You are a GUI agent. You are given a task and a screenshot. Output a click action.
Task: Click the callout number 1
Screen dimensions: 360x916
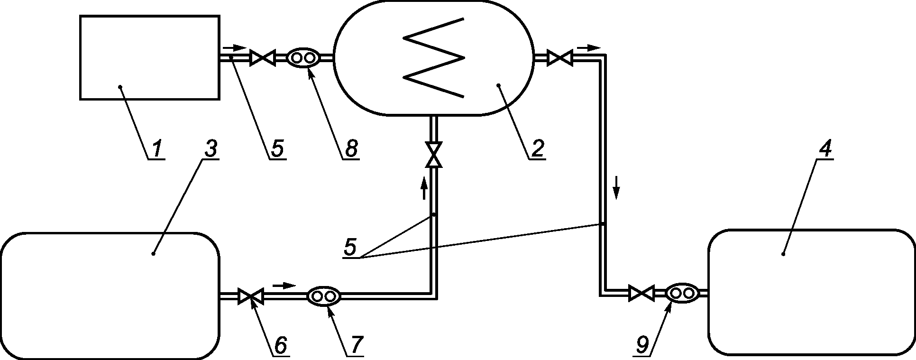pyautogui.click(x=156, y=149)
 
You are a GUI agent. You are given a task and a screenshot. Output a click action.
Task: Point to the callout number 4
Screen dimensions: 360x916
pyautogui.click(x=825, y=148)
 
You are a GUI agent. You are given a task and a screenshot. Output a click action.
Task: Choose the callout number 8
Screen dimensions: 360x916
pyautogui.click(x=351, y=148)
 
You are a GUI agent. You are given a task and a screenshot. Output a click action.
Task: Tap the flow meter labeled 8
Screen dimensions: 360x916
pyautogui.click(x=303, y=58)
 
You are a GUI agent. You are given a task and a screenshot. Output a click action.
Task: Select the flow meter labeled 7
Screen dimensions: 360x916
pyautogui.click(x=324, y=296)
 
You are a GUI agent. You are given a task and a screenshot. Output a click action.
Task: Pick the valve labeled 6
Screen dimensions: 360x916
pyautogui.click(x=251, y=296)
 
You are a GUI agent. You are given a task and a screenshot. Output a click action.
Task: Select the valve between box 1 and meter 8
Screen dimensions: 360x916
pyautogui.click(x=263, y=58)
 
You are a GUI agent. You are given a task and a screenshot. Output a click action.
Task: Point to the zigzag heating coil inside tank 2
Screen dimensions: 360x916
pyautogui.click(x=434, y=58)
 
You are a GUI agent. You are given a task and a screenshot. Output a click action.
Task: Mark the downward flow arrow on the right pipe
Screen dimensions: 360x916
pyautogui.click(x=616, y=187)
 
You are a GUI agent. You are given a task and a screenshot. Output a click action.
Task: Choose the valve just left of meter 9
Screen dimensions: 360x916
pyautogui.click(x=641, y=293)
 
